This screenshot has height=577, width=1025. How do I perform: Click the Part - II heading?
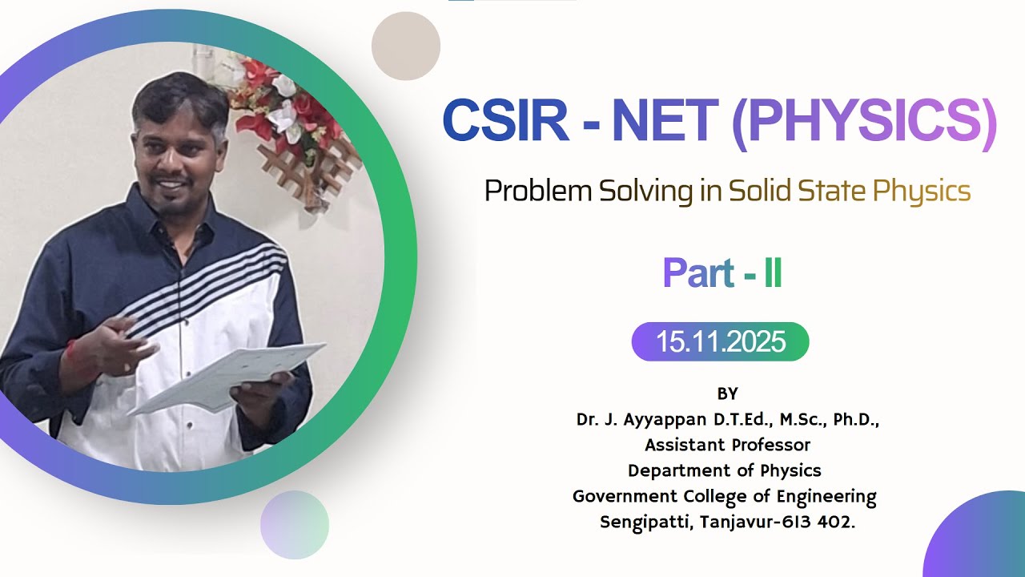coord(722,274)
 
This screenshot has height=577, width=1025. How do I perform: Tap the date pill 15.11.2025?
coord(721,341)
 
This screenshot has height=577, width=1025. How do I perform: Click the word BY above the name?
coord(727,393)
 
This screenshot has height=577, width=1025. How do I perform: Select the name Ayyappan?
coord(664,419)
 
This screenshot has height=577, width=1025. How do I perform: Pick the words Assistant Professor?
coord(727,445)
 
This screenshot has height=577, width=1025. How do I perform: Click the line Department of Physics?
coord(725,470)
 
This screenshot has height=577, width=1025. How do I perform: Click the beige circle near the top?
coord(406,46)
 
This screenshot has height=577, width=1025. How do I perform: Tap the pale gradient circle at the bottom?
coord(295,525)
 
